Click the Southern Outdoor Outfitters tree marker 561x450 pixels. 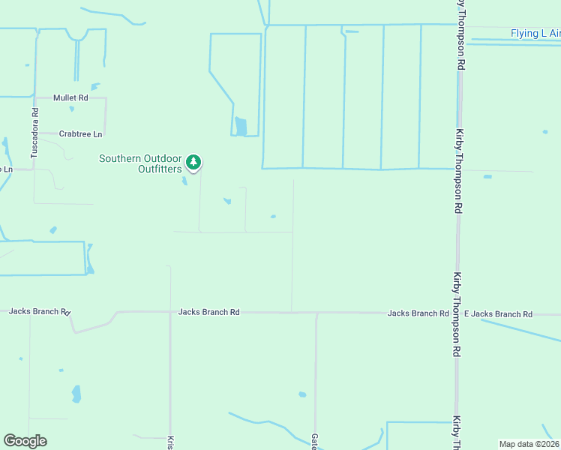193,162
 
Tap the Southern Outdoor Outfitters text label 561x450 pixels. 141,163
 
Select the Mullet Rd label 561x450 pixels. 70,97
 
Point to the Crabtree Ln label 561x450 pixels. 80,134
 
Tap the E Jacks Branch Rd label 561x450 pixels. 498,313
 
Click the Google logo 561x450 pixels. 25,441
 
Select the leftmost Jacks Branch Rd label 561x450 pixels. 39,311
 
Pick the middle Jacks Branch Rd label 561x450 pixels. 208,311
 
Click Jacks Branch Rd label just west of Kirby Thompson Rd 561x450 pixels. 418,313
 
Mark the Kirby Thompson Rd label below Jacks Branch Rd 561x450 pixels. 456,315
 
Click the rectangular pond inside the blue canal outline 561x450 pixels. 240,126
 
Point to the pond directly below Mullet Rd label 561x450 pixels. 72,109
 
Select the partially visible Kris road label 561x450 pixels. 170,442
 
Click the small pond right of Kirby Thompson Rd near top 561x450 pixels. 545,132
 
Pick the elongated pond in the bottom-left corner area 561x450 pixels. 76,393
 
